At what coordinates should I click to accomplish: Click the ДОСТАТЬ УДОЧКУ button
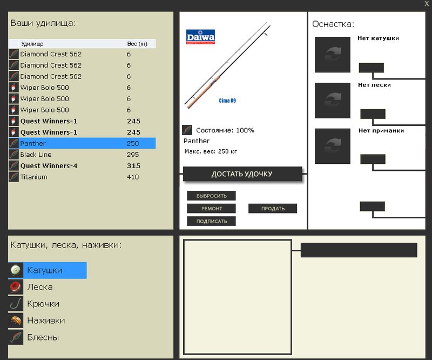pyautogui.click(x=242, y=174)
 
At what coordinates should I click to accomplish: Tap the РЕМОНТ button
pyautogui.click(x=211, y=209)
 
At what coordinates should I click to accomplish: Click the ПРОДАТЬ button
pyautogui.click(x=273, y=209)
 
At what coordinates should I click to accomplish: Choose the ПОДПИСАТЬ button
pyautogui.click(x=211, y=221)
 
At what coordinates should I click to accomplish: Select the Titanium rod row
pyautogui.click(x=82, y=177)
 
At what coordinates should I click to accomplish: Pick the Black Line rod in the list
pyautogui.click(x=82, y=155)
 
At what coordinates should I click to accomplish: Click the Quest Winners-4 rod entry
pyautogui.click(x=82, y=166)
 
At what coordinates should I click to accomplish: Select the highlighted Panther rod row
pyautogui.click(x=82, y=143)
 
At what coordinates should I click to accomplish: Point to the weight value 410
pyautogui.click(x=133, y=177)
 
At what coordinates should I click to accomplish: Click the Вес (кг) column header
pyautogui.click(x=137, y=44)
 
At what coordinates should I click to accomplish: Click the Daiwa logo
pyautogui.click(x=200, y=37)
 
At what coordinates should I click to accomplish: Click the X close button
pyautogui.click(x=427, y=4)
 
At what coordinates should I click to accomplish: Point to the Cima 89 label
pyautogui.click(x=227, y=101)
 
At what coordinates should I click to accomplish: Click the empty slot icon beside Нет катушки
pyautogui.click(x=333, y=55)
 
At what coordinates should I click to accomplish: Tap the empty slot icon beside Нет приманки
pyautogui.click(x=333, y=146)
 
